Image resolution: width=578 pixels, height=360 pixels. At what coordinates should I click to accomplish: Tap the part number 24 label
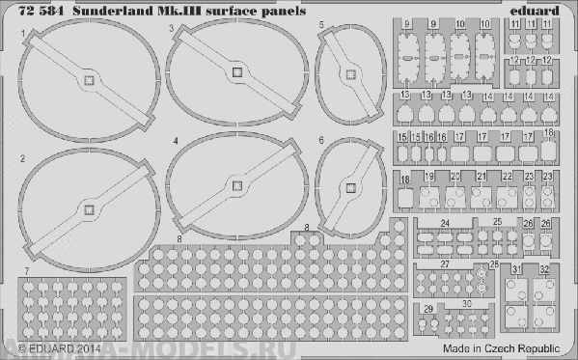point(445,224)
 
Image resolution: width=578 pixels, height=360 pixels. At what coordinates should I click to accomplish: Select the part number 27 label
point(445,263)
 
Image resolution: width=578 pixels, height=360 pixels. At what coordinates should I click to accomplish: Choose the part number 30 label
point(467,303)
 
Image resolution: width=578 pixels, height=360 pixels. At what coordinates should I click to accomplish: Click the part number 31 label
point(518,269)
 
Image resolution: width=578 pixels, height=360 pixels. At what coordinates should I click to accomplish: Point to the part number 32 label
point(545,269)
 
